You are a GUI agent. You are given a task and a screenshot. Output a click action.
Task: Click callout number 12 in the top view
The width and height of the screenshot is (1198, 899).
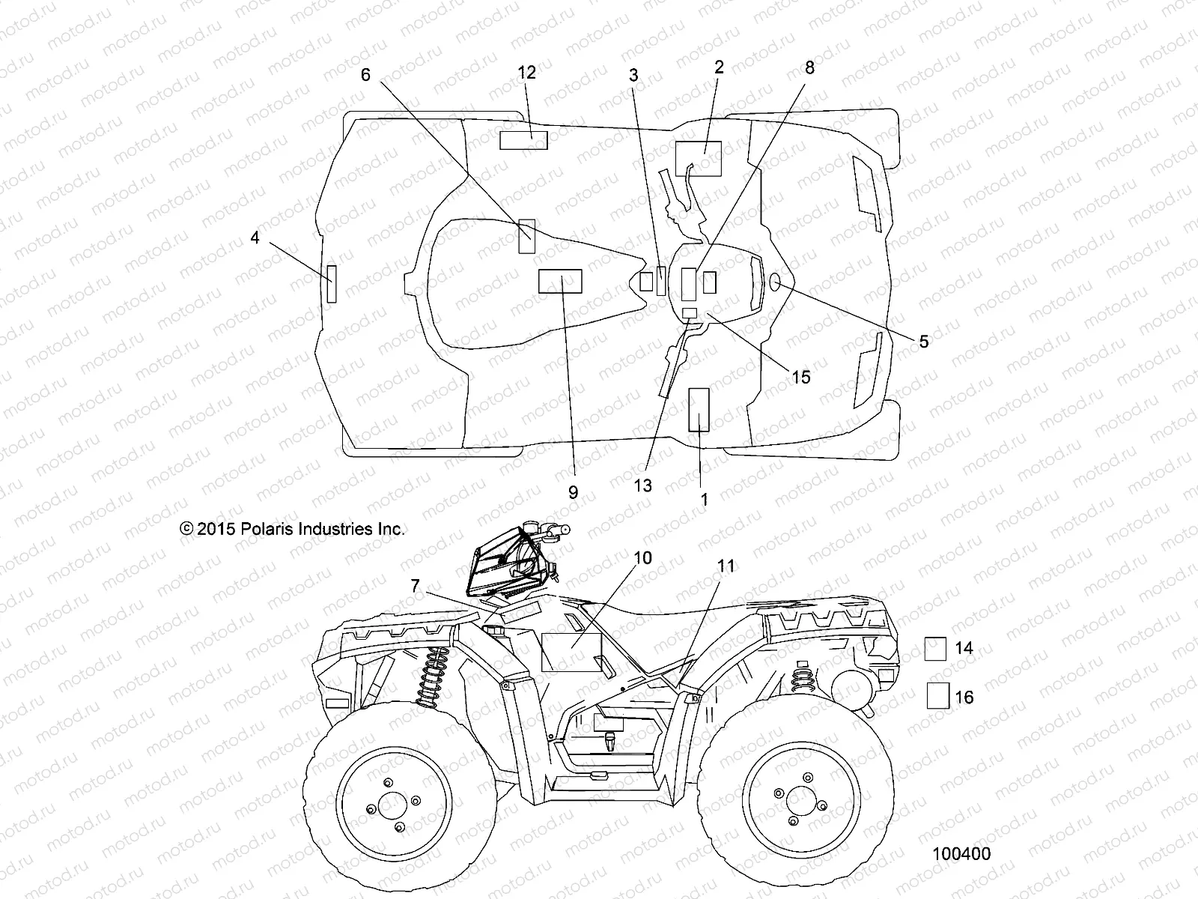pyautogui.click(x=527, y=73)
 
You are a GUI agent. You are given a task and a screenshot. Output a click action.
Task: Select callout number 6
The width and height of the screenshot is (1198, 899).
pyautogui.click(x=365, y=74)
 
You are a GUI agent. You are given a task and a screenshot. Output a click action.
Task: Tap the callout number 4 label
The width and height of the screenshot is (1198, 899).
pyautogui.click(x=255, y=237)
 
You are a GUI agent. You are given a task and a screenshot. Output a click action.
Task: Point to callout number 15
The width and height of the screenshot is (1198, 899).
pyautogui.click(x=801, y=376)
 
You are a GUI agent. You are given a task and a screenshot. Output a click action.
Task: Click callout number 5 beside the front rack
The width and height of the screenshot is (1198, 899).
pyautogui.click(x=923, y=342)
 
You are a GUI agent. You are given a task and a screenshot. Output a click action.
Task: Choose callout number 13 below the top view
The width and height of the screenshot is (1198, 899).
pyautogui.click(x=643, y=485)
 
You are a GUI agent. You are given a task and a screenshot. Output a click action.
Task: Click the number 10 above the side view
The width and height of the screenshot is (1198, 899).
pyautogui.click(x=642, y=558)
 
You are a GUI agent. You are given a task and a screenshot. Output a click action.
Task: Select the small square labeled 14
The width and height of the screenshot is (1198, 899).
pyautogui.click(x=935, y=648)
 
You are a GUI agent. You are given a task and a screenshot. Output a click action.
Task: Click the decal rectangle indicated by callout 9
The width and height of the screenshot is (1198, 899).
pyautogui.click(x=560, y=281)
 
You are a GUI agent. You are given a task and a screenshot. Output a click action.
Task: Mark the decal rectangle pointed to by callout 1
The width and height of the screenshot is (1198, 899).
pyautogui.click(x=699, y=410)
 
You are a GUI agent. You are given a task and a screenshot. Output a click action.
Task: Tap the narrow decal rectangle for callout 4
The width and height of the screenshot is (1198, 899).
pyautogui.click(x=331, y=283)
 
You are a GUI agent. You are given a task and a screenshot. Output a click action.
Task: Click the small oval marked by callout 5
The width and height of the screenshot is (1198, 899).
pyautogui.click(x=776, y=282)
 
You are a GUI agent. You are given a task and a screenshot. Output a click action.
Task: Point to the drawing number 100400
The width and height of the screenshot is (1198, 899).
pyautogui.click(x=961, y=854)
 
